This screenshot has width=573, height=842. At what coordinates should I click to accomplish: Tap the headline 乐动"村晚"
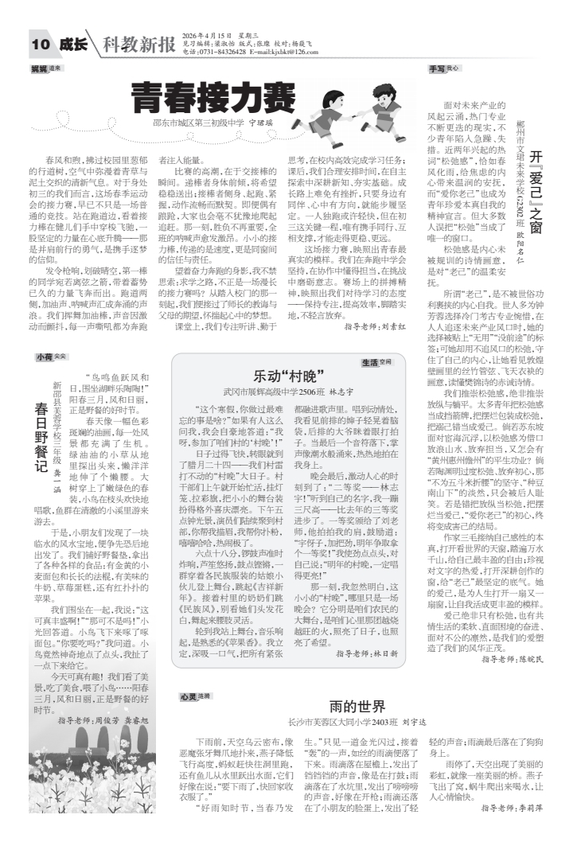click(287, 376)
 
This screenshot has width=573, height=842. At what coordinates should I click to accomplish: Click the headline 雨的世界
click(357, 706)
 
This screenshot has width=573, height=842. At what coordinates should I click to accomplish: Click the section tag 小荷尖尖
click(50, 357)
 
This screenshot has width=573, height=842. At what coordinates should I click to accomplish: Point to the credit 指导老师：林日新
click(366, 653)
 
